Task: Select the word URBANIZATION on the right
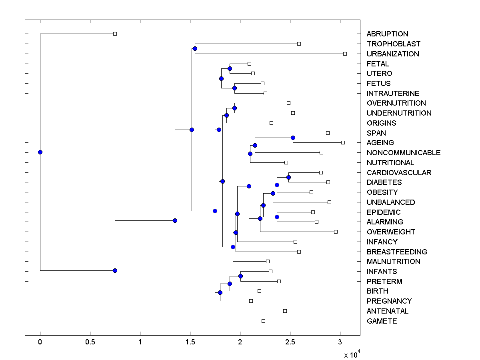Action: tap(393, 54)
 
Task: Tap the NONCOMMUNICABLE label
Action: tap(403, 152)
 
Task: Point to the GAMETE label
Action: tap(382, 321)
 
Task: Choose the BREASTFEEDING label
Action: tap(396, 252)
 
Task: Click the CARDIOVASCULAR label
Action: tap(399, 172)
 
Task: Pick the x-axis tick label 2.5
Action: tap(290, 342)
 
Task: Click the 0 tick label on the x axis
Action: tap(40, 342)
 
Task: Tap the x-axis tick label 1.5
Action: tap(190, 342)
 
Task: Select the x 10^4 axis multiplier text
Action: tap(352, 354)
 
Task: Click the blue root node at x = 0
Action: tap(40, 152)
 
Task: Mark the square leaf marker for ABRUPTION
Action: tap(115, 34)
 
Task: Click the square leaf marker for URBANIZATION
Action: tap(345, 54)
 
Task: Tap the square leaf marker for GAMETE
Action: tap(263, 321)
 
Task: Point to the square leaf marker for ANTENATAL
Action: tap(285, 311)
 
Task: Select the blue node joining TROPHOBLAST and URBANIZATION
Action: tap(195, 49)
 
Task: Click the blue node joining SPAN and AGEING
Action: tap(293, 138)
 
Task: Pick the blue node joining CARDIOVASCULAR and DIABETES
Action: tap(288, 177)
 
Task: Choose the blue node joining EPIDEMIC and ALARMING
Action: tap(277, 217)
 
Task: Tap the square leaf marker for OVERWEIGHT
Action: tap(336, 232)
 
